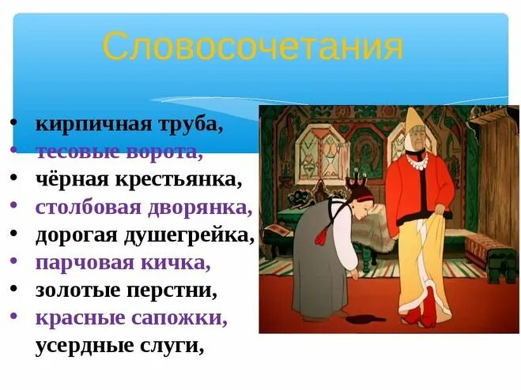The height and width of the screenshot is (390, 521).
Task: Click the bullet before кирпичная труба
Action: coord(15,125)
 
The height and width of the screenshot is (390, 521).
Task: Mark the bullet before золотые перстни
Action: coord(15,290)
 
